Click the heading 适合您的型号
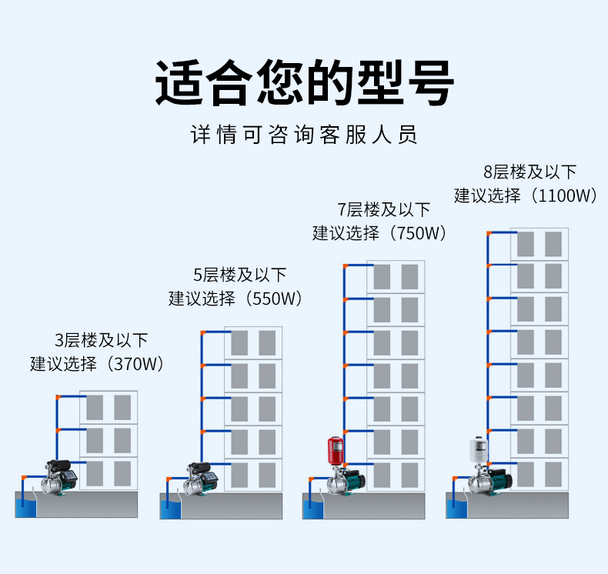304,83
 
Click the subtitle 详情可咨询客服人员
304,136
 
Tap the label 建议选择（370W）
98,364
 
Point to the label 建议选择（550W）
236,299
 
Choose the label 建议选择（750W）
379,233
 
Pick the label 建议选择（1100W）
526,195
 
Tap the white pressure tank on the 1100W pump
479,450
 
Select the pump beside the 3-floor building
62,477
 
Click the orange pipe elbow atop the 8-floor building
489,231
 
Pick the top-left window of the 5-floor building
239,342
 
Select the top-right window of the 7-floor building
410,277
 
